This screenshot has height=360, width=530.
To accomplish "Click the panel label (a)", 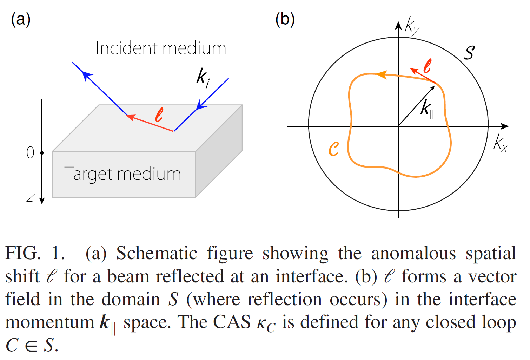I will click(x=21, y=20).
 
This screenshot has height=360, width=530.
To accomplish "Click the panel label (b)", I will click(x=285, y=20).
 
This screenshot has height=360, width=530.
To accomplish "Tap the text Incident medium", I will click(x=161, y=48).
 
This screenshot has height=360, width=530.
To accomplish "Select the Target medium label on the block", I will click(x=122, y=174).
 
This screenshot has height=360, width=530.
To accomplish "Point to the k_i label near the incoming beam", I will click(x=203, y=77).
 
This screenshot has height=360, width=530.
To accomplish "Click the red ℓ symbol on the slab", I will click(x=159, y=115).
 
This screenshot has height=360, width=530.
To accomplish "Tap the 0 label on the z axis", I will click(x=31, y=153).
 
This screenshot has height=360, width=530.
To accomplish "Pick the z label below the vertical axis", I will click(x=31, y=198).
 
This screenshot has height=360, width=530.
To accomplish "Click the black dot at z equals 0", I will click(x=42, y=153).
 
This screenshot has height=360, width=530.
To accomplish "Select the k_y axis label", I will click(x=412, y=26).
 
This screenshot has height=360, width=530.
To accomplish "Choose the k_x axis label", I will click(x=500, y=143).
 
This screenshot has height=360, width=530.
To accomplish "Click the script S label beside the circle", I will click(x=469, y=52).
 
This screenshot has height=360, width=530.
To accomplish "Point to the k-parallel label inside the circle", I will click(x=428, y=109).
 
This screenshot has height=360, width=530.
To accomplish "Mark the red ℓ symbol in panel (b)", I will click(x=427, y=66).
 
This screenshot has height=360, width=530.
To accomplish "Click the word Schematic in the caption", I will click(x=157, y=254).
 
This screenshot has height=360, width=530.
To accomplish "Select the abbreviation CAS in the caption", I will click(x=232, y=322).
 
